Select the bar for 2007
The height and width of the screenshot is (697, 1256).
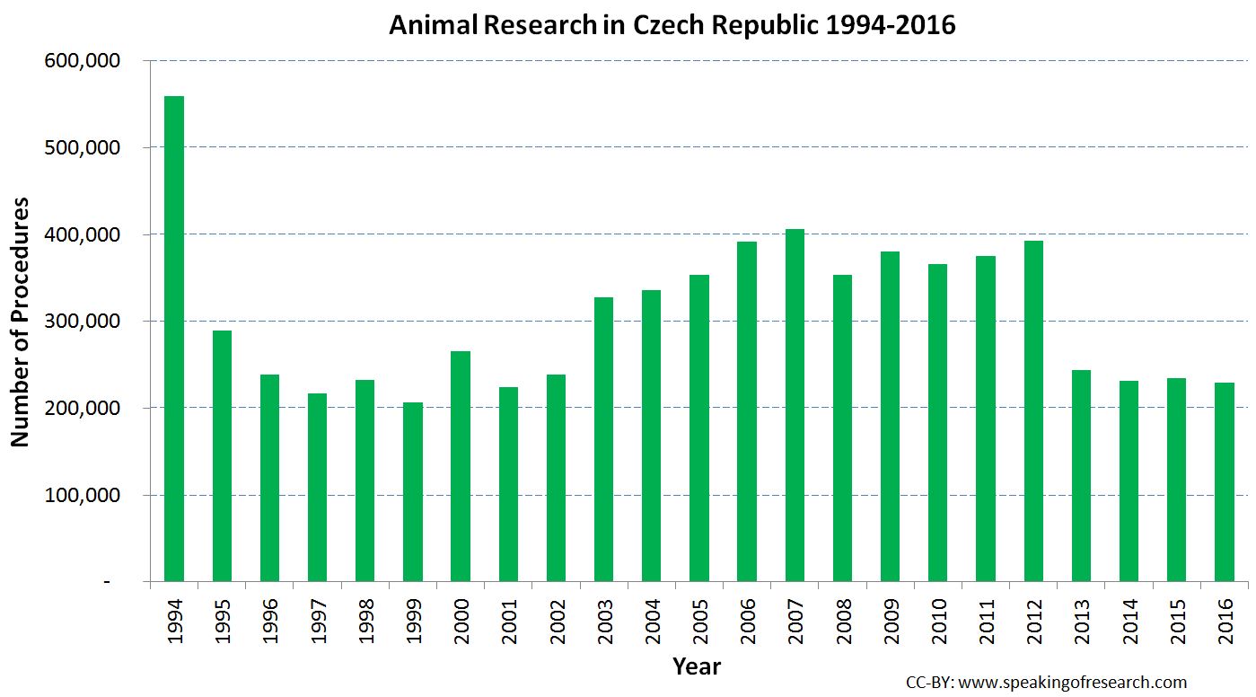click(x=795, y=405)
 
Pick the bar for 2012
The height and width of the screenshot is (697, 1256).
click(x=1033, y=410)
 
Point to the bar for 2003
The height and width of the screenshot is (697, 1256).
click(x=603, y=439)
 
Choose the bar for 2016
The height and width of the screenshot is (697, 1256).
click(x=1225, y=482)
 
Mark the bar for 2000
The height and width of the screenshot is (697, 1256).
click(x=461, y=466)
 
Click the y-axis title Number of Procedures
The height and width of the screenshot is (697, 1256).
click(x=21, y=322)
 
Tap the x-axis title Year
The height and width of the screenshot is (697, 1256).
click(x=697, y=666)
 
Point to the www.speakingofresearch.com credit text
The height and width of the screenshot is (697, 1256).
click(x=1073, y=683)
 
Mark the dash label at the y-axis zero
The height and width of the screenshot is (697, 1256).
click(x=108, y=583)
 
